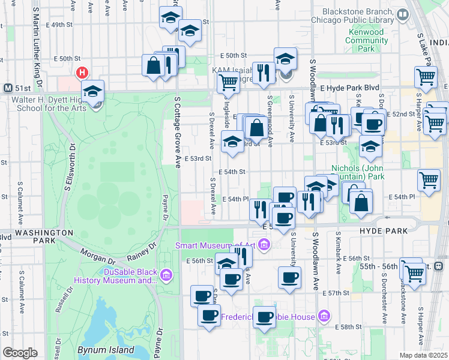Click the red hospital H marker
point(82,73)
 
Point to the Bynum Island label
point(100,349)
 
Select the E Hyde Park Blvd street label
point(350,88)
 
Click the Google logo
point(20,353)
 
